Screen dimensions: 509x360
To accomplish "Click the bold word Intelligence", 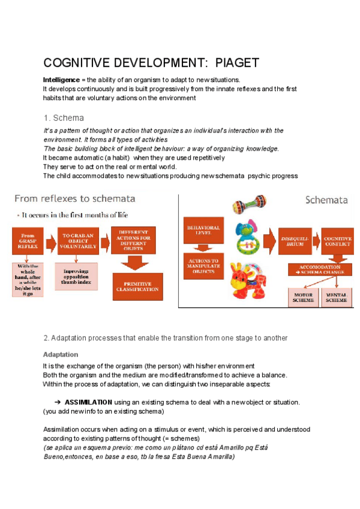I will [61, 80].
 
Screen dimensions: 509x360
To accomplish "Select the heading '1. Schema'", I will [64, 118].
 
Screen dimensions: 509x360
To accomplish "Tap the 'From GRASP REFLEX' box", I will [31, 241].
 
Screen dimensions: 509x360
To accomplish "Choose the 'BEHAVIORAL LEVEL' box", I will [203, 232].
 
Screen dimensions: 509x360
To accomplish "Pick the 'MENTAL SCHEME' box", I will [338, 298].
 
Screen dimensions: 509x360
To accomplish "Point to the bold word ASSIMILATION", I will [88, 402].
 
